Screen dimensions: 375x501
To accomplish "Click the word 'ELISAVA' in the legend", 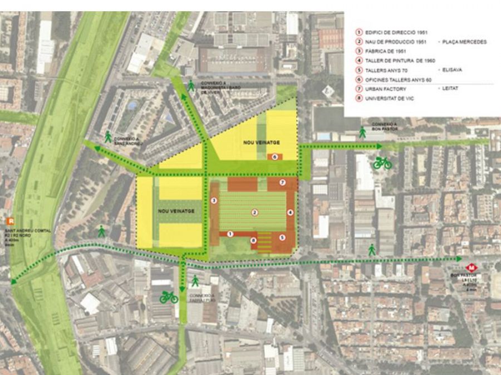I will [x=452, y=70].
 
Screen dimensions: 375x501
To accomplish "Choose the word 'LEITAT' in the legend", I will [x=450, y=89].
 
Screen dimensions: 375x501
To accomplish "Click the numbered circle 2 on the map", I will [x=254, y=212].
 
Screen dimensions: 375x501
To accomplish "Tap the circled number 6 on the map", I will [x=274, y=157].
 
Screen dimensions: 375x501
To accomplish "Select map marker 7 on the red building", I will [x=282, y=182].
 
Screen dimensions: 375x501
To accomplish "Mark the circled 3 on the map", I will [x=214, y=201].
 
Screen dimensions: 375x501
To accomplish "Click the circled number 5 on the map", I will [x=282, y=237].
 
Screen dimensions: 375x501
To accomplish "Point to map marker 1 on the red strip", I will [x=230, y=234].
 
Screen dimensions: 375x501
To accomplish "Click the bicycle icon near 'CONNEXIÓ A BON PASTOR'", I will [x=382, y=163].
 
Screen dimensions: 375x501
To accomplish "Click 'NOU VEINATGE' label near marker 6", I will [x=261, y=143].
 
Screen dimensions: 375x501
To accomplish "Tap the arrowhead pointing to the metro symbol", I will [x=459, y=259].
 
